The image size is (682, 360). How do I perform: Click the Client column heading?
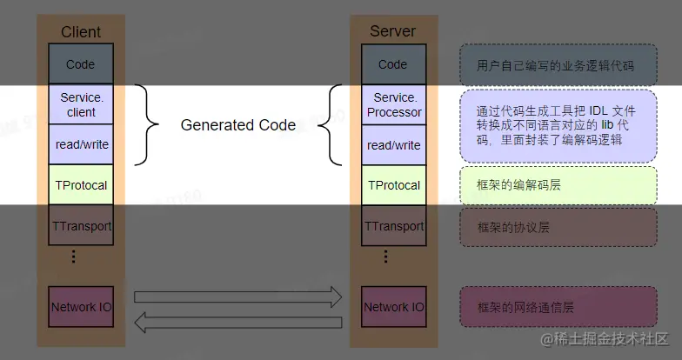81,32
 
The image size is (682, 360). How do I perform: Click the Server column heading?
392,31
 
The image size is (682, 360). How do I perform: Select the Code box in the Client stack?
81,64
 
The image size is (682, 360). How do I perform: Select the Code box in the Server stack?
393,64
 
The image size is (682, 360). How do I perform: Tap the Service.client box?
81,104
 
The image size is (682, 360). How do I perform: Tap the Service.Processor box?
394,104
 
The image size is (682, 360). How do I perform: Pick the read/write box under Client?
81,144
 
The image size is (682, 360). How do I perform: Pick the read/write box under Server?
394,145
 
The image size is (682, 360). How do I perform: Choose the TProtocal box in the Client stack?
81,185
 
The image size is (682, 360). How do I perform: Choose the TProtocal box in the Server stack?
394,185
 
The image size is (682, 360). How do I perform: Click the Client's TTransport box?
81,226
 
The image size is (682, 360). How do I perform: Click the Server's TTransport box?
394,226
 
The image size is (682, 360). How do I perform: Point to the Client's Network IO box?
81,307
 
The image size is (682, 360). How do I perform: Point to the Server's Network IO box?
394,307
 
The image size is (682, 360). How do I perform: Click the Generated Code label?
237,125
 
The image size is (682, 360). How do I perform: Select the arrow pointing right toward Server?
237,297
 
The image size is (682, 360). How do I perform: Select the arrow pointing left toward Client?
237,323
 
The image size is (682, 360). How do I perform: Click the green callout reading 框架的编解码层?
558,186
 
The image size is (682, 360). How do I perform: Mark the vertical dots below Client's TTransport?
74,257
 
